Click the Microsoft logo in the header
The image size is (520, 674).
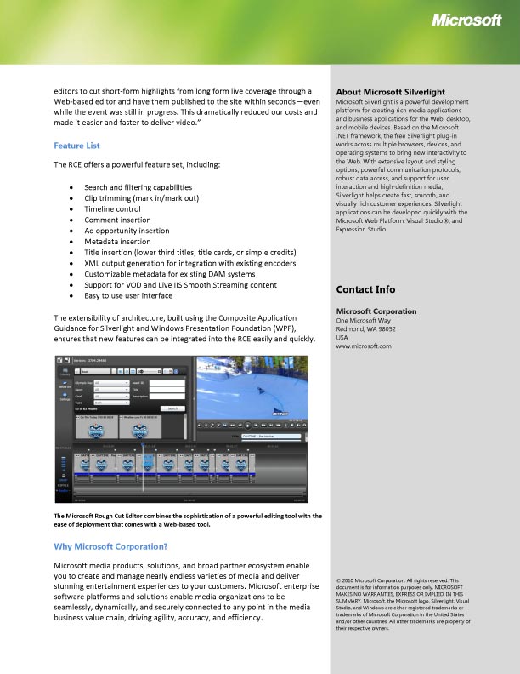[467, 21]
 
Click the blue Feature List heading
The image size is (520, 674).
[76, 146]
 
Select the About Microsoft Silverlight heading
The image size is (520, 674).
[391, 91]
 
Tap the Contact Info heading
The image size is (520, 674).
[365, 289]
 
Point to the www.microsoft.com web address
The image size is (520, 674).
[364, 346]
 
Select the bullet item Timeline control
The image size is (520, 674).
[112, 208]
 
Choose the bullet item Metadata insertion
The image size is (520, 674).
[117, 242]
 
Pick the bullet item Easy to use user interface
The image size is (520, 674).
[134, 296]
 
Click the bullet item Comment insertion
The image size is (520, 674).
[117, 220]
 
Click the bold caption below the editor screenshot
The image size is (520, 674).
[187, 519]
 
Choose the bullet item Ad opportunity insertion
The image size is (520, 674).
[127, 231]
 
